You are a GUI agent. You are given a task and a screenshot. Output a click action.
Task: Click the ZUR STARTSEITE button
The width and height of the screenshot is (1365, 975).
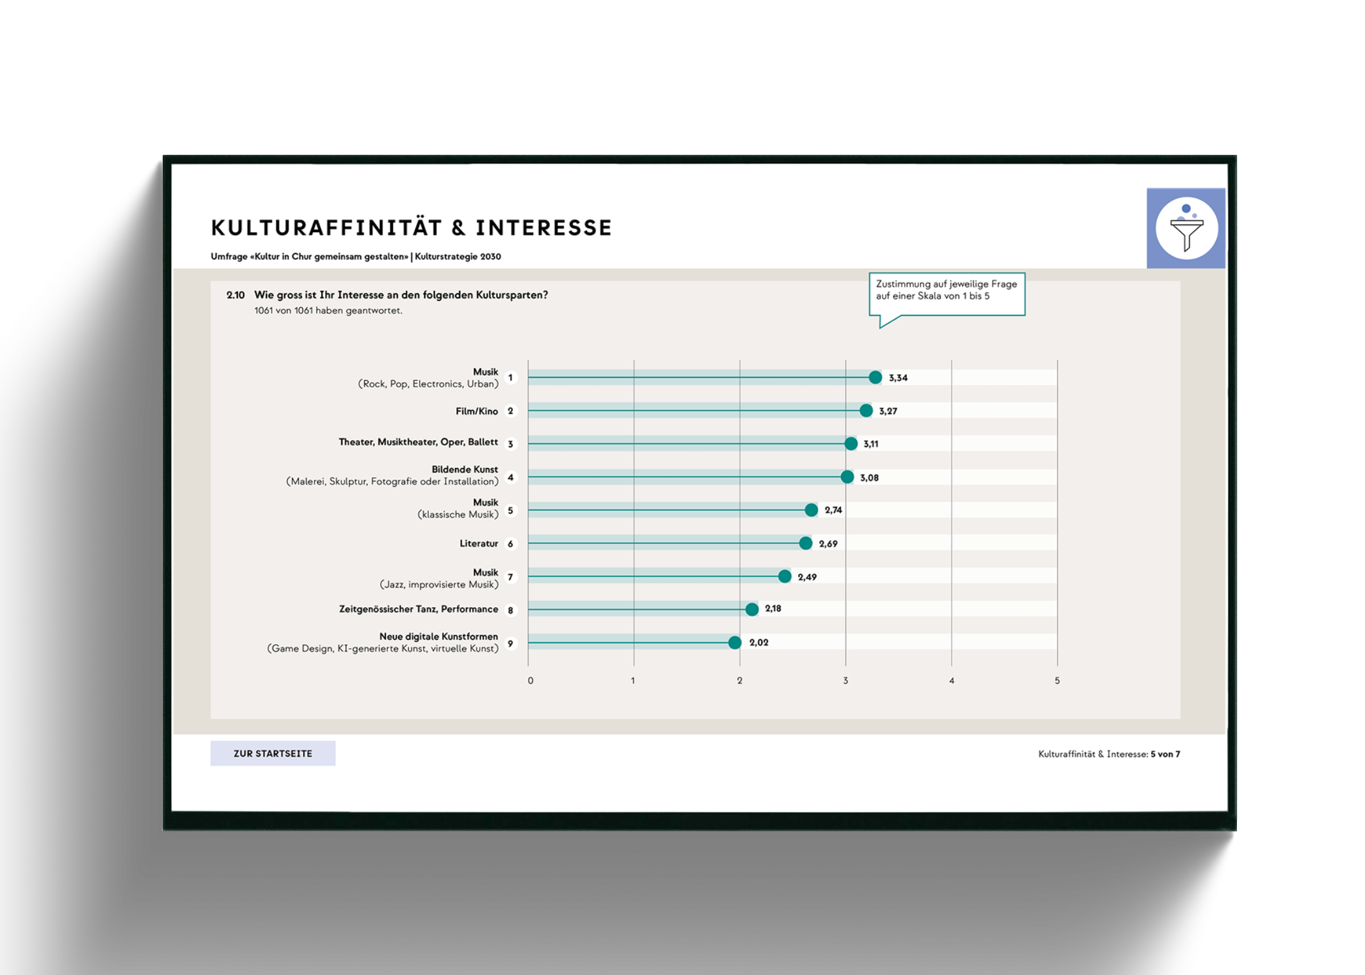tap(272, 753)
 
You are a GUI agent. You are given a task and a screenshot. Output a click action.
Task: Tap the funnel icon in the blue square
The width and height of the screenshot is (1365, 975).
tap(1186, 228)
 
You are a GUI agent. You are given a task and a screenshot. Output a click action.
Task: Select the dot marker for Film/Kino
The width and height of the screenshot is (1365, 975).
tap(866, 411)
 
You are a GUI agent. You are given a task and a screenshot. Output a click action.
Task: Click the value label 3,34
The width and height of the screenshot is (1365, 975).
tap(898, 378)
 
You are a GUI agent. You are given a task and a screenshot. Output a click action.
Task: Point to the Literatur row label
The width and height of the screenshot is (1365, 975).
tap(478, 543)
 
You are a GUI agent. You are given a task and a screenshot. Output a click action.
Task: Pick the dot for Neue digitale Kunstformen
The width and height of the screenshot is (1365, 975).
tap(734, 642)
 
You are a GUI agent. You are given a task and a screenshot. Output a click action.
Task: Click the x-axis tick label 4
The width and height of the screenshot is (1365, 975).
tap(952, 681)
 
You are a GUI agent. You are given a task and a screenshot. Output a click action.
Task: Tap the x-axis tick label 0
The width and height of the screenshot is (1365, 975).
tap(530, 681)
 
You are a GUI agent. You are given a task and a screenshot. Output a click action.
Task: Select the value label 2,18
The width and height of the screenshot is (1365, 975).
tap(773, 608)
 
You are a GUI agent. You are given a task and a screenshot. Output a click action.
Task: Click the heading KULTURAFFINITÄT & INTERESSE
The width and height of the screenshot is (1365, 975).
tap(411, 228)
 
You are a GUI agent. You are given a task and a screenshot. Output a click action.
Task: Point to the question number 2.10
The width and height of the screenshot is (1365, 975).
tap(235, 295)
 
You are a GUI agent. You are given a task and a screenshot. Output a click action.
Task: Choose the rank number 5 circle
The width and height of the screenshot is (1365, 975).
tap(510, 510)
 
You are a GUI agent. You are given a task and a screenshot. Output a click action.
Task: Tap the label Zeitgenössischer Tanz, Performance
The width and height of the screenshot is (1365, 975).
tap(418, 609)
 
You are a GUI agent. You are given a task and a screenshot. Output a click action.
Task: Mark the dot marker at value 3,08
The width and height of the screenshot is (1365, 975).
tap(847, 477)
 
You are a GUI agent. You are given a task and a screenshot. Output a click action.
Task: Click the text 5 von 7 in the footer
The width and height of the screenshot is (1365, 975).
tap(1165, 754)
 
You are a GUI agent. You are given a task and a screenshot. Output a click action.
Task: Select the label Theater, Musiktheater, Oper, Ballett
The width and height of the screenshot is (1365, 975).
tap(418, 442)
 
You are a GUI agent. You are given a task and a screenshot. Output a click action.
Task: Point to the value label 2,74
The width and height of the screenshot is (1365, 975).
tap(833, 510)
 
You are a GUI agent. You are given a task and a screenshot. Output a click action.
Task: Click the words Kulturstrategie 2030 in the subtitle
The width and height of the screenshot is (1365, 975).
tap(458, 257)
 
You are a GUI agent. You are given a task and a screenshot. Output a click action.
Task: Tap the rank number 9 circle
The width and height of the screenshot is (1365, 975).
tap(510, 643)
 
